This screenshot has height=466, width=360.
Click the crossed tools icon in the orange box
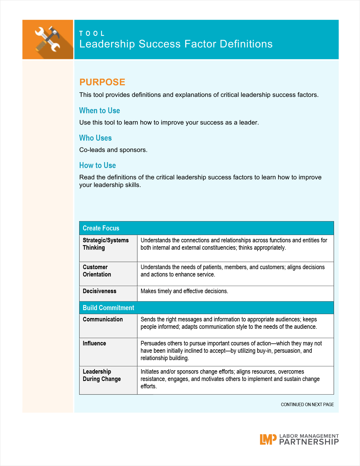(x=47, y=39)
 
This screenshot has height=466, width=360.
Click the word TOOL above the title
(x=92, y=34)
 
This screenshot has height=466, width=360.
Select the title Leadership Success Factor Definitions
(x=176, y=44)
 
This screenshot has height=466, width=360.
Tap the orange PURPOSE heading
(x=102, y=82)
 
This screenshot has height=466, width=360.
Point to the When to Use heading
(x=99, y=110)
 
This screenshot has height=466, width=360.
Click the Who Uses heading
(x=95, y=138)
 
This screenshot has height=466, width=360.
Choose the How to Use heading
(x=97, y=165)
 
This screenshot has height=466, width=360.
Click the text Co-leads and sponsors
(x=113, y=150)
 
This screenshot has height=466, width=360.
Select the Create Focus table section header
(x=101, y=228)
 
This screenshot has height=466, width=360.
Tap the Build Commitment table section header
(x=108, y=308)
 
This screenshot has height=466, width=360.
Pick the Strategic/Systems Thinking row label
(x=106, y=244)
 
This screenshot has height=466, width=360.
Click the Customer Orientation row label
(x=97, y=271)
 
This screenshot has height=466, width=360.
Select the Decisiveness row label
(x=99, y=291)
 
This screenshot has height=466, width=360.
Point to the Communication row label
(x=103, y=319)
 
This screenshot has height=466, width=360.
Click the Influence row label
(x=94, y=343)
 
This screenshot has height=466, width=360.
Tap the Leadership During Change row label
(x=102, y=375)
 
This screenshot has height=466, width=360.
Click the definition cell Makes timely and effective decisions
(x=184, y=291)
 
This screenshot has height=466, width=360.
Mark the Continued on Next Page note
(x=307, y=404)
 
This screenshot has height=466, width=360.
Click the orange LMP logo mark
(x=268, y=439)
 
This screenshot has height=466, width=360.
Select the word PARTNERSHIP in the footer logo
(x=309, y=442)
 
